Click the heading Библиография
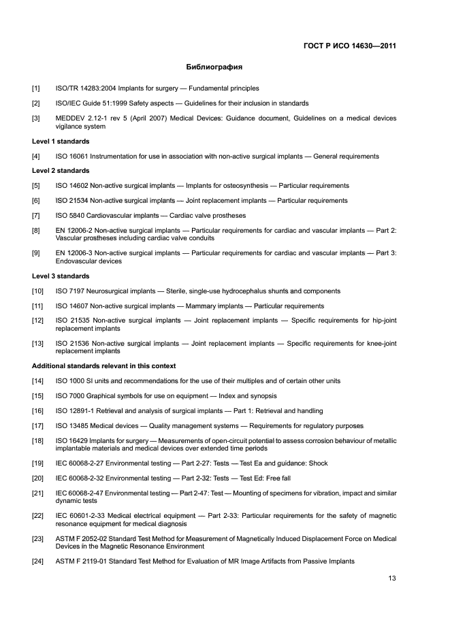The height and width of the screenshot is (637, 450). [x=214, y=67]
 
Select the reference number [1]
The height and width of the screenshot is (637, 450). [x=36, y=88]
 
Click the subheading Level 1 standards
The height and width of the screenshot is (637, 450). [x=61, y=142]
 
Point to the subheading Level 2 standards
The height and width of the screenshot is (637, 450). [x=61, y=171]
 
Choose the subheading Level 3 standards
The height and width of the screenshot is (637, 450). [x=61, y=276]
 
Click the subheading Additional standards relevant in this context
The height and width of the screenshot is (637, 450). [x=104, y=366]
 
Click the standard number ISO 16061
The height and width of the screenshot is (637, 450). [x=74, y=157]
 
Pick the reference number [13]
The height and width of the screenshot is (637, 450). [x=38, y=344]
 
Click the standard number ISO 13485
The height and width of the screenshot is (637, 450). [x=74, y=426]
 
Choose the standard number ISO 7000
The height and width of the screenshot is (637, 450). [x=71, y=396]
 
